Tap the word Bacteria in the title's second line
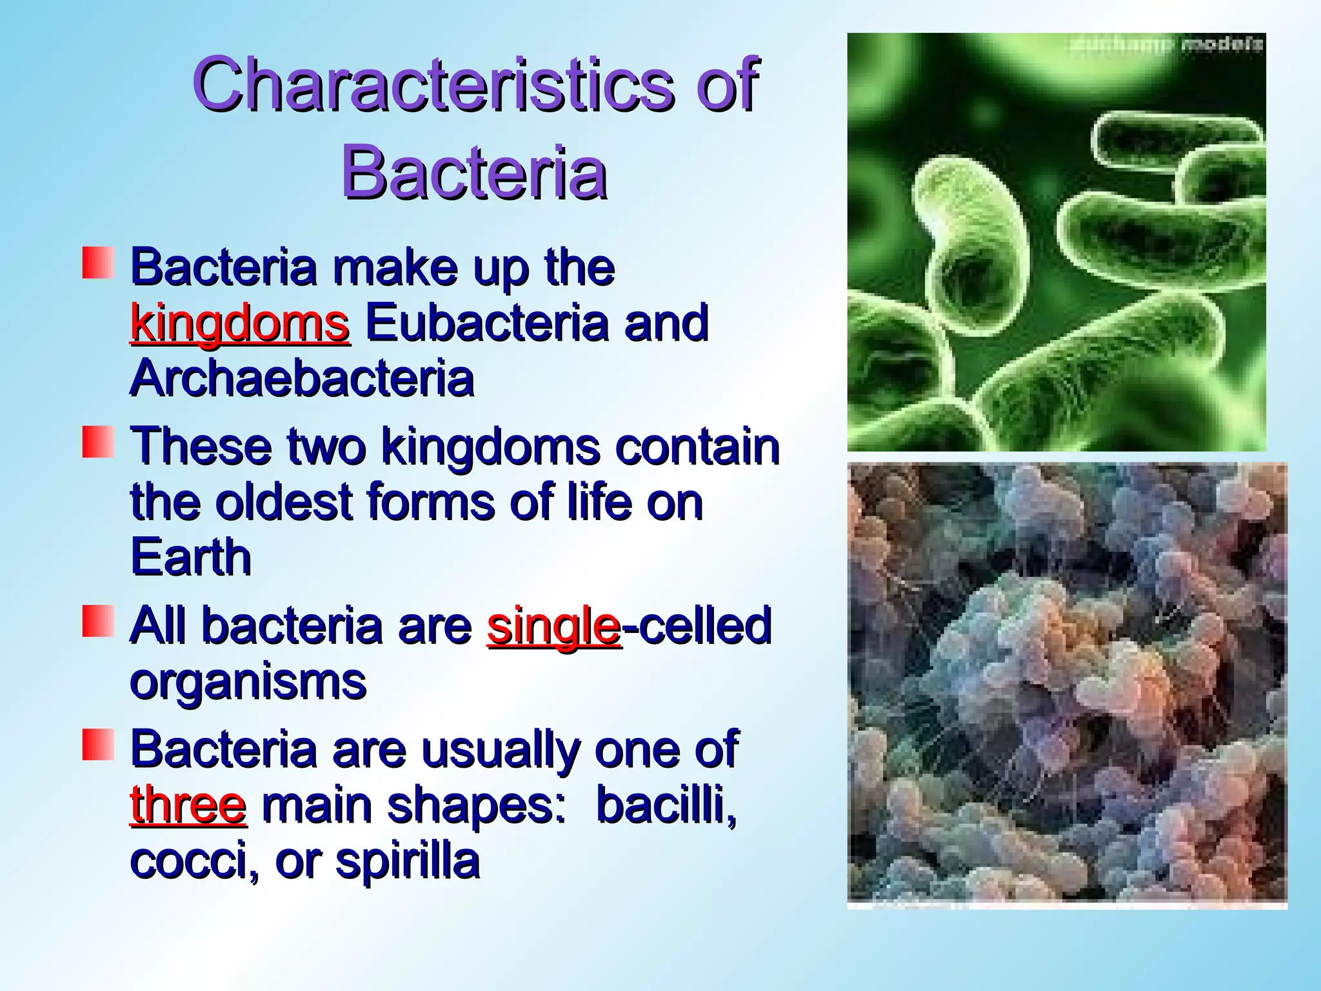coord(474,172)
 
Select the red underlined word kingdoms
coord(240,323)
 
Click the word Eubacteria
coord(487,323)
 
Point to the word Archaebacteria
coord(302,379)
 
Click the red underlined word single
coord(553,626)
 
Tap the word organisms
coord(248,682)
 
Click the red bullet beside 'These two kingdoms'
coord(98,442)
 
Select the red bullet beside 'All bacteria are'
coord(98,621)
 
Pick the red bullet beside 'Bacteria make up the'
coord(98,263)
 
